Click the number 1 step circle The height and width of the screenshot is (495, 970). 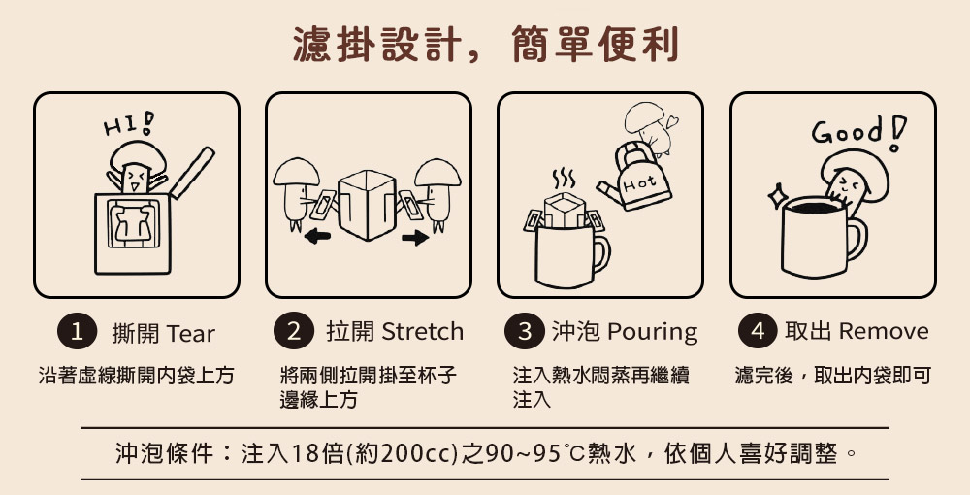point(77,332)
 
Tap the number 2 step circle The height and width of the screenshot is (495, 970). point(293,332)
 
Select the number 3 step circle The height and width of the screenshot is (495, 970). point(524,332)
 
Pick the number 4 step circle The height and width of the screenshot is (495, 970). point(758,332)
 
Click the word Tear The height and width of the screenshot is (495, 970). point(190,334)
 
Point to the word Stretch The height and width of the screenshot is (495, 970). point(423,332)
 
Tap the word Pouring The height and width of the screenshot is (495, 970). point(653,333)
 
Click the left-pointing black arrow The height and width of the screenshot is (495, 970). point(317,236)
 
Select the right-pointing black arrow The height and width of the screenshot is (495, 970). point(414,237)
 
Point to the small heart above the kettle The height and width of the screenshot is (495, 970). point(672,121)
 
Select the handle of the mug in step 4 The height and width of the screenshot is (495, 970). point(857,238)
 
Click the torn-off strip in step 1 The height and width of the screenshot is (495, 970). point(192,172)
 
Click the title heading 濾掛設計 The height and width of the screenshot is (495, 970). point(376,45)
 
